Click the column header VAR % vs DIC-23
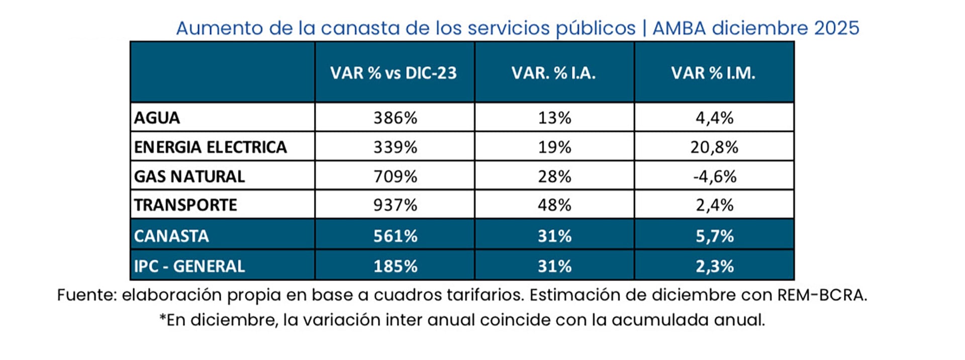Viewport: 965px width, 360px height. pyautogui.click(x=394, y=73)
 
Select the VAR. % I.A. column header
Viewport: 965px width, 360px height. pyautogui.click(x=553, y=73)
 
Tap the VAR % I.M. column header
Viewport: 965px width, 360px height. pyautogui.click(x=713, y=73)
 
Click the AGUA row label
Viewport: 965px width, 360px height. pyautogui.click(x=157, y=118)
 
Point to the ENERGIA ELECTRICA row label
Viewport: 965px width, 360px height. pyautogui.click(x=210, y=147)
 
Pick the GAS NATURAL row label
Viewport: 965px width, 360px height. pyautogui.click(x=189, y=176)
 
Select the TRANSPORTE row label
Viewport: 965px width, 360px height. pyautogui.click(x=185, y=205)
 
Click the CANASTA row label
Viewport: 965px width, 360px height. pyautogui.click(x=171, y=236)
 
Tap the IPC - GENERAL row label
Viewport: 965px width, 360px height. pyautogui.click(x=189, y=266)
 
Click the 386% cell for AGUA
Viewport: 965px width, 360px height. pyautogui.click(x=395, y=118)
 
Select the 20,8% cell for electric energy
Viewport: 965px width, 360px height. pyautogui.click(x=714, y=147)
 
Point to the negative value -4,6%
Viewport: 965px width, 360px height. pyautogui.click(x=714, y=176)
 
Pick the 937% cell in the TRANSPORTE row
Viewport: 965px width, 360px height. pyautogui.click(x=395, y=205)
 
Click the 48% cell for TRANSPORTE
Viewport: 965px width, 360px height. pyautogui.click(x=554, y=205)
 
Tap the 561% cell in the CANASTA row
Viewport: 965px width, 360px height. pyautogui.click(x=395, y=236)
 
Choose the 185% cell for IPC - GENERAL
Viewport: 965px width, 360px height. pyautogui.click(x=395, y=266)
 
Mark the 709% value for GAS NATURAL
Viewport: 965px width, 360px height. pyautogui.click(x=395, y=176)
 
